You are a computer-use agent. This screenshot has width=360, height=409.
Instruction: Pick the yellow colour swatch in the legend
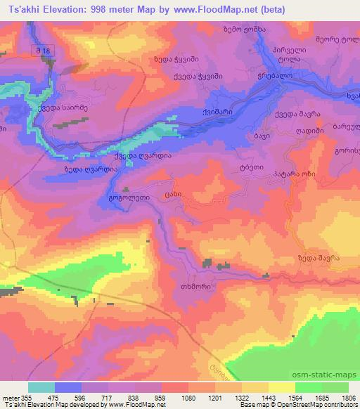(281, 387)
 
